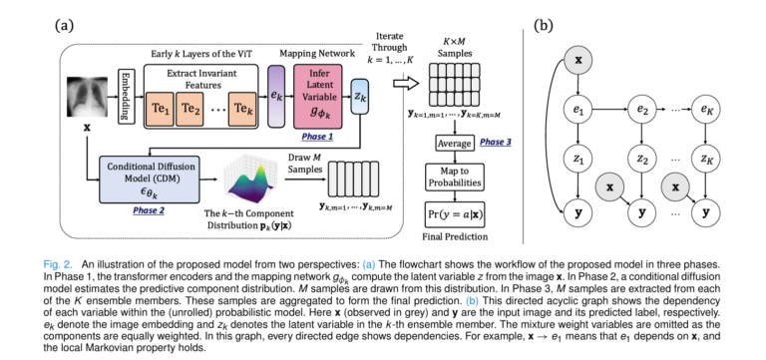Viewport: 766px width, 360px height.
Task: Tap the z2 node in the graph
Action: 639,159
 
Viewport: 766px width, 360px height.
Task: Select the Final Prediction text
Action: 449,237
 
